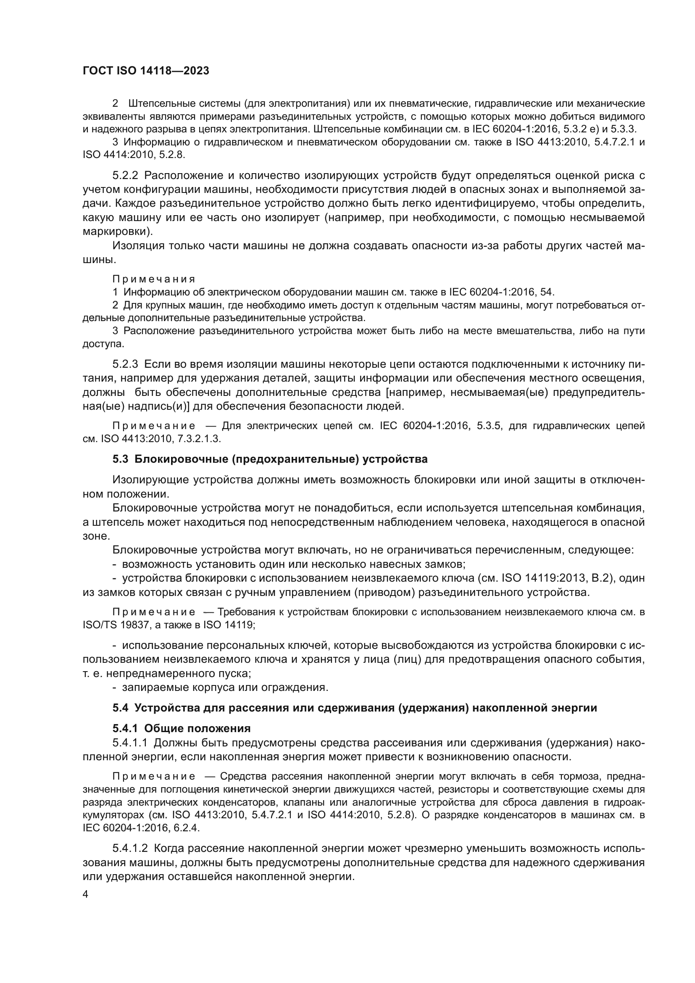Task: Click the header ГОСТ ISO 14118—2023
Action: [145, 71]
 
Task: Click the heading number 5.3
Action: [120, 459]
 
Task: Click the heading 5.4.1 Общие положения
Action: [182, 728]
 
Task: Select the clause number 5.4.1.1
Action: [130, 743]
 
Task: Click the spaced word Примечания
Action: [154, 279]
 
